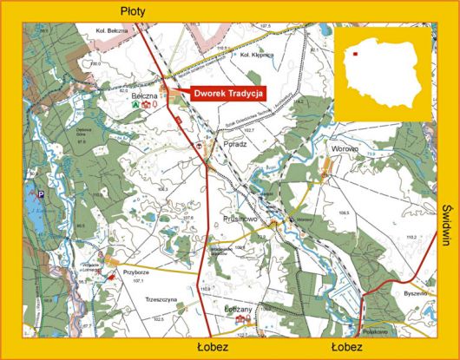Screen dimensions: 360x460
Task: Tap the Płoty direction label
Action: point(134,10)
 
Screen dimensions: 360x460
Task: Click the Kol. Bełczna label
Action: point(111,29)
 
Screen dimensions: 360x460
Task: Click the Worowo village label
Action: point(341,149)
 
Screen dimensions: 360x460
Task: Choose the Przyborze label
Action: point(138,270)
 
